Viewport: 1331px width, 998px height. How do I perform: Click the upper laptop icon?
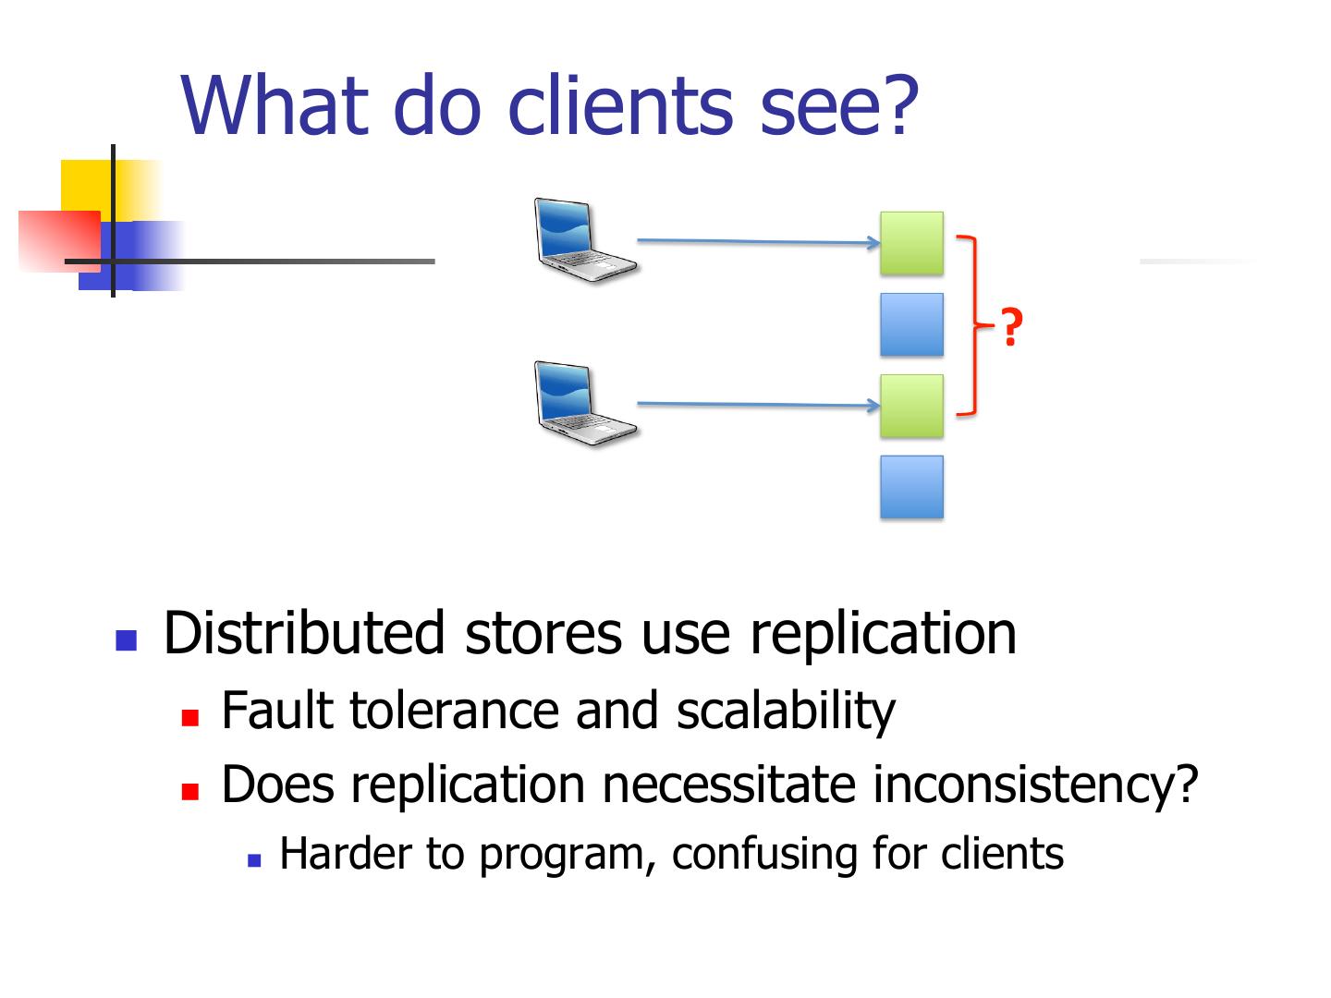584,239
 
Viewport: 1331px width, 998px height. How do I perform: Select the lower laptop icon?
584,404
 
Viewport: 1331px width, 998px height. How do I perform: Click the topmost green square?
911,243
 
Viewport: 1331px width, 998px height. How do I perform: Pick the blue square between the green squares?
911,324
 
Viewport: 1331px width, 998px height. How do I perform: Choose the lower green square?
911,406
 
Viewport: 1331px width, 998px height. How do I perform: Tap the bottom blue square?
911,487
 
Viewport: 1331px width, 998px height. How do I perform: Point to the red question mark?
1012,328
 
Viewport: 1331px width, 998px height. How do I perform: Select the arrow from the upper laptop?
758,242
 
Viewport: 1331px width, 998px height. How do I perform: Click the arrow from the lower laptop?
758,404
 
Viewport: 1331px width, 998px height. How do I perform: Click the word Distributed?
304,634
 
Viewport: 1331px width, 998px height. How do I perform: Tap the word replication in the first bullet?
883,634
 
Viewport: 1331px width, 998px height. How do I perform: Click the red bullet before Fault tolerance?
191,717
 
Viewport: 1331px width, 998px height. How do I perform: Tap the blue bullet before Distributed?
126,639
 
